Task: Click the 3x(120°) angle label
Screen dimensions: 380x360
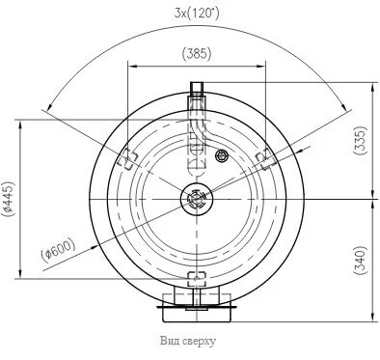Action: click(197, 14)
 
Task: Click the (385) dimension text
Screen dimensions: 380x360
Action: click(197, 53)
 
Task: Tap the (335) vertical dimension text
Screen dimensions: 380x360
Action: click(360, 140)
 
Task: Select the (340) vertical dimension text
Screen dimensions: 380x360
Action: click(360, 261)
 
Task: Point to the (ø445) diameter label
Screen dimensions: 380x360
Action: click(8, 199)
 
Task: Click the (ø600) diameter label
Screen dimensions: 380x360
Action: click(59, 250)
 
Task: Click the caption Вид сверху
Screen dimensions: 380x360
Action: click(188, 341)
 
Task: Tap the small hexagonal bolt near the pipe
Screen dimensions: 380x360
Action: click(222, 156)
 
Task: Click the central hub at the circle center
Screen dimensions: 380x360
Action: click(196, 199)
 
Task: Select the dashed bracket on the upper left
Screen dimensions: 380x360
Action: click(127, 159)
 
